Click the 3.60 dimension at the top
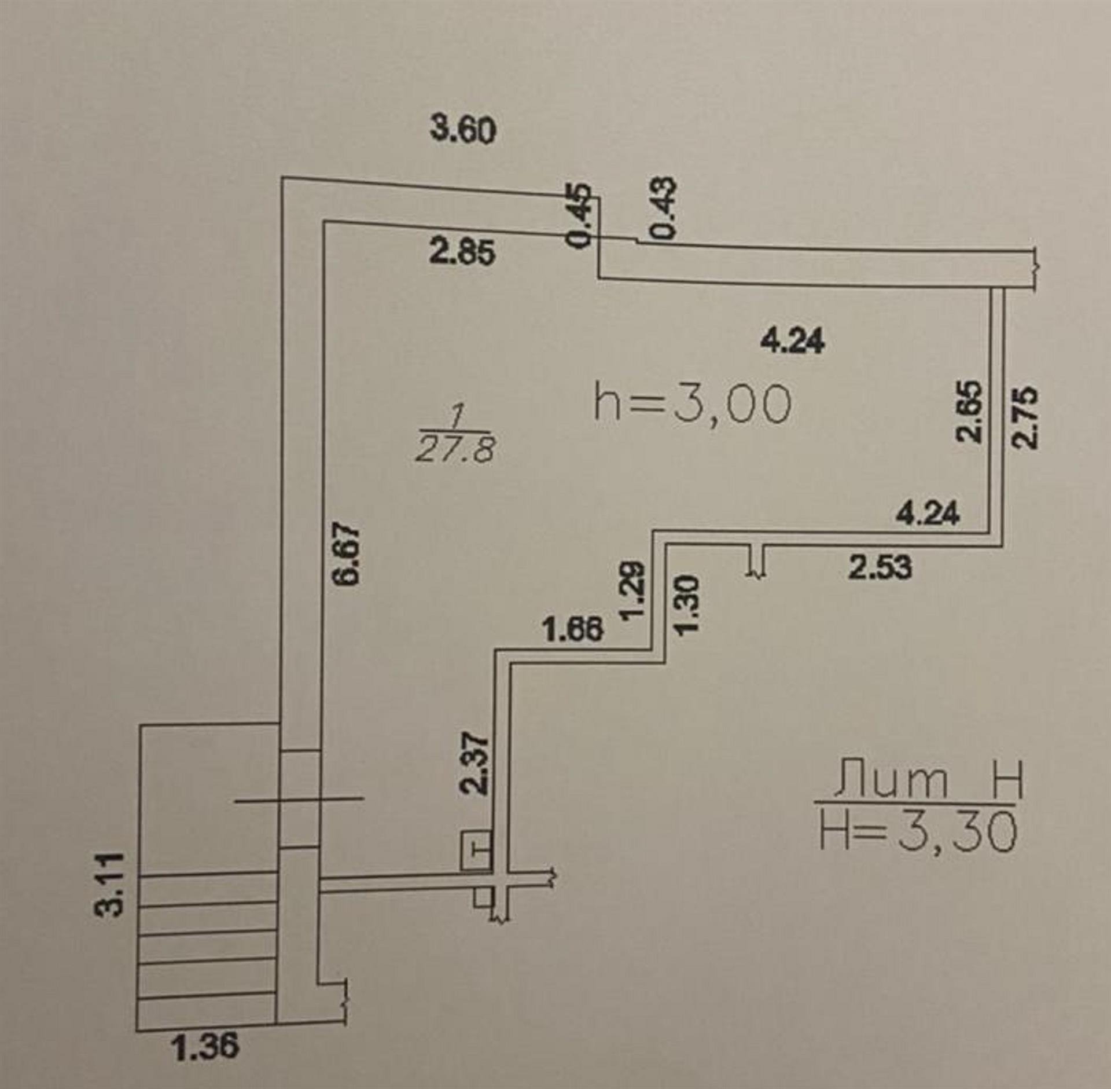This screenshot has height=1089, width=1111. point(463,130)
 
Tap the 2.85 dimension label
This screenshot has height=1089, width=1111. point(462,252)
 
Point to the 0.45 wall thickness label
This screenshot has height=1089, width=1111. point(580,216)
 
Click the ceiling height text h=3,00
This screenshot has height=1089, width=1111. point(693,404)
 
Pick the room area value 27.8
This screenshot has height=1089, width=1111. point(455,450)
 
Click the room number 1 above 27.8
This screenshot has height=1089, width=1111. point(457,416)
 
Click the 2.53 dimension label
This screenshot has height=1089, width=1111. point(880,567)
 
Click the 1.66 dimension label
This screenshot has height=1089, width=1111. point(573,629)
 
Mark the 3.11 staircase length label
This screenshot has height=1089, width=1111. point(110,883)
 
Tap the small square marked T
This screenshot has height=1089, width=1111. point(476,849)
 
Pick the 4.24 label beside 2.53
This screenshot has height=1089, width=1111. point(927,512)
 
